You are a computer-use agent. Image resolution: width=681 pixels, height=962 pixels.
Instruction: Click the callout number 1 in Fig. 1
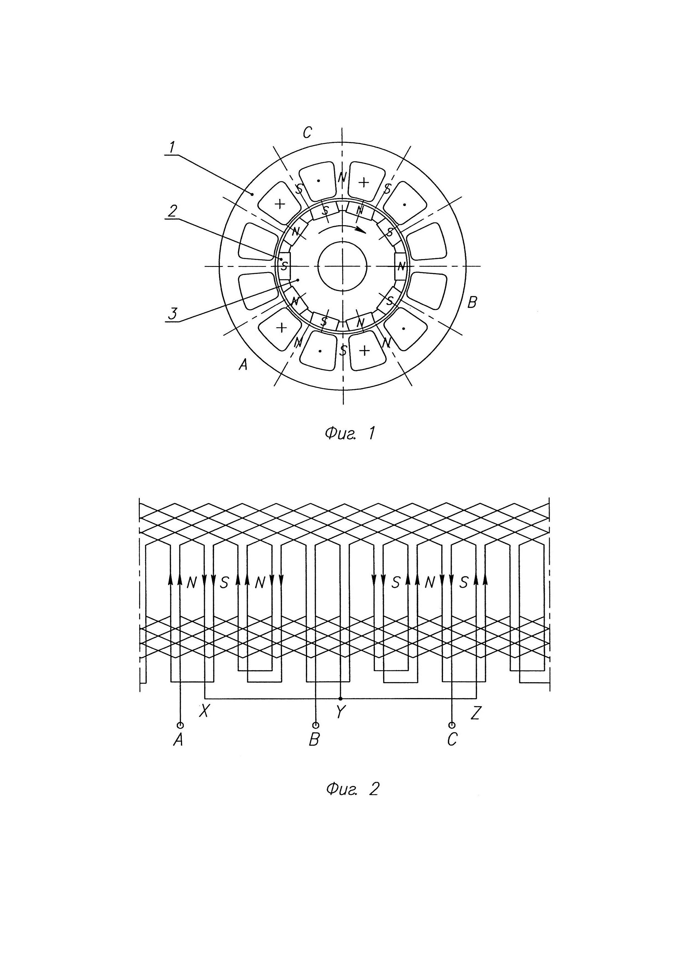pos(172,148)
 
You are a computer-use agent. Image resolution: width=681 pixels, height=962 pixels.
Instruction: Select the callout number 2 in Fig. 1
pos(172,211)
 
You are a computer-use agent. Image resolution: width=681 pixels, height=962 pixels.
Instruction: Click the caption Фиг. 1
pos(349,433)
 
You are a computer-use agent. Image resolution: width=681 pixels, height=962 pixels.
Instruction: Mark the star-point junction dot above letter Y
pos(340,698)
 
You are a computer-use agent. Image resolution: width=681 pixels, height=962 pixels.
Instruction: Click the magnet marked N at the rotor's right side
pos(401,266)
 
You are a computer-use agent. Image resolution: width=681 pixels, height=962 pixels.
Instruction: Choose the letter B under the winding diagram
pos(314,740)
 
